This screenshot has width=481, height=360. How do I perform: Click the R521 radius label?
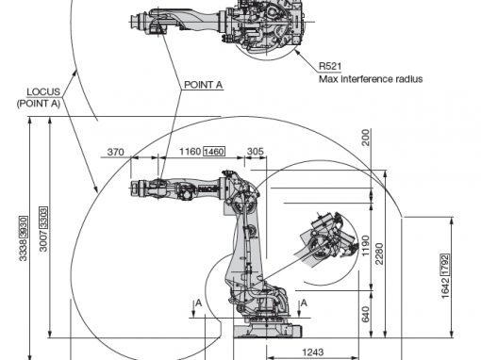pos(330,66)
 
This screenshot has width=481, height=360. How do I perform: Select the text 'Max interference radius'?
pos(371,79)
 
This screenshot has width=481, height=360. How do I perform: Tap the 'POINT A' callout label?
pos(203,85)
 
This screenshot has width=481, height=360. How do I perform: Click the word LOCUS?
pos(43,91)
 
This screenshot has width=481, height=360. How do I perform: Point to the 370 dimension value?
pos(116,152)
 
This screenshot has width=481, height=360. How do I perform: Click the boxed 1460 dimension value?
pos(214,152)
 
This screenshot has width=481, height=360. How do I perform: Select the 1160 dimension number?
pos(190,152)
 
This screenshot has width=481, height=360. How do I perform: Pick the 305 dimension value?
pos(256,152)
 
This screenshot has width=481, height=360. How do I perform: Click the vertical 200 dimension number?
pos(366,138)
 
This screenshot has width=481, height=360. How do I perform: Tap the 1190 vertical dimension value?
pos(365,246)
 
